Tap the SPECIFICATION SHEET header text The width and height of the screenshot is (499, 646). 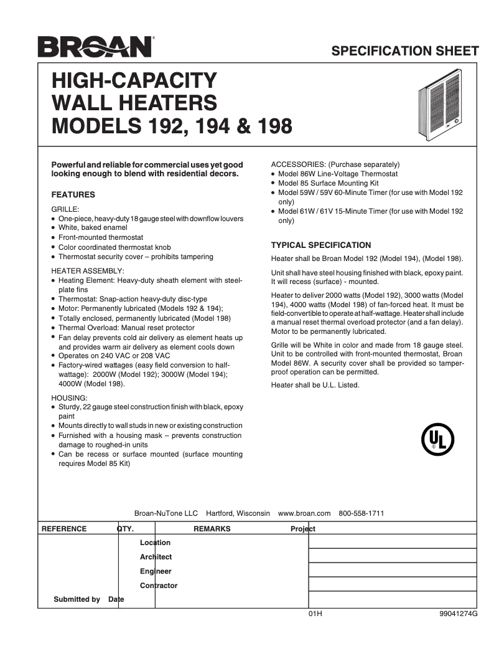[405, 51]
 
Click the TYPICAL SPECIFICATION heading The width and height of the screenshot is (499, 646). [321, 245]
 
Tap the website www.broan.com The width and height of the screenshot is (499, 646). [304, 513]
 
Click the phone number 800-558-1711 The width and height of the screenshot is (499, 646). [361, 513]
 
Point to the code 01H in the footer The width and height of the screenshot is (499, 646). [315, 614]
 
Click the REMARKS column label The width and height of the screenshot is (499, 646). [212, 529]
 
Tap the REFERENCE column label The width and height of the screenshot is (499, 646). [64, 529]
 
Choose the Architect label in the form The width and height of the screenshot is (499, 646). [156, 557]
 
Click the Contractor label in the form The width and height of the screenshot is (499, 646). [159, 586]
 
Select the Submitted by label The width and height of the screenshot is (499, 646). [77, 599]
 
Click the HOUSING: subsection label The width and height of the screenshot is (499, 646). [69, 397]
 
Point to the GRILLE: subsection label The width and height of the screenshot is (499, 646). [65, 209]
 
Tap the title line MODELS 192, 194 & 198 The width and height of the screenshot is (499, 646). [172, 126]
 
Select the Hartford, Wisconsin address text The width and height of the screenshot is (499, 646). [238, 513]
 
